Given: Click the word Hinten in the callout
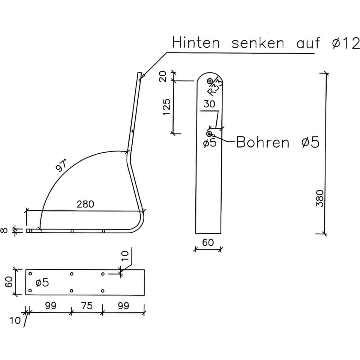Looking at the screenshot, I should click(196, 43).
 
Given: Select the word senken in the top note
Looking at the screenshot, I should click(258, 43).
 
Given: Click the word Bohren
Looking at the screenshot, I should click(263, 142).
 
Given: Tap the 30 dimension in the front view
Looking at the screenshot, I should click(209, 104).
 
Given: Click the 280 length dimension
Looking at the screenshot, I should click(85, 204).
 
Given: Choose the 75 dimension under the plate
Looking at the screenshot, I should click(87, 306).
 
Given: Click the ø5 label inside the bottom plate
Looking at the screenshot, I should click(42, 282).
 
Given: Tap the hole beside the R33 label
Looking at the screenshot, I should click(210, 81).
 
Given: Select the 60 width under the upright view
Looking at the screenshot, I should click(208, 242).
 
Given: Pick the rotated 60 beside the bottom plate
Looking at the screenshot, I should click(9, 282).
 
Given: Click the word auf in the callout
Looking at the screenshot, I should click(308, 43).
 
